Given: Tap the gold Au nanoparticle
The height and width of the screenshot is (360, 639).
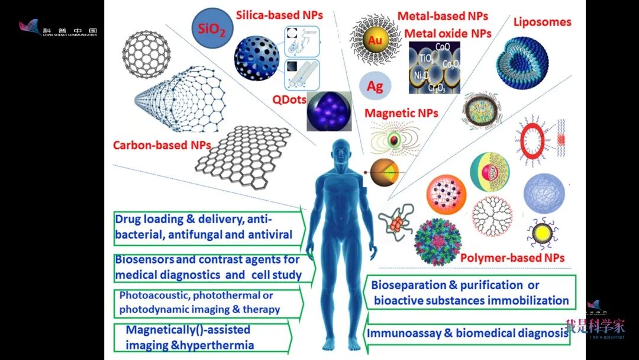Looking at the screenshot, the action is click(x=375, y=40).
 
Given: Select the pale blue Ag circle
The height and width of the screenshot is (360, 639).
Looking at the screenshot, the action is click(x=375, y=86).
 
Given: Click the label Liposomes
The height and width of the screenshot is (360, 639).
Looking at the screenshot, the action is click(x=542, y=22).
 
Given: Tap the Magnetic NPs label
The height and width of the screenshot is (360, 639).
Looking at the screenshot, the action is click(x=401, y=112).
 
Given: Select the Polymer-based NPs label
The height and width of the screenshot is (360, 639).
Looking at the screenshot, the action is click(x=512, y=258).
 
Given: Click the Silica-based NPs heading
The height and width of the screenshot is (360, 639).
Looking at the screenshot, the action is click(x=279, y=15).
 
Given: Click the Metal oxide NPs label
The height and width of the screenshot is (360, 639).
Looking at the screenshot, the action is click(x=447, y=33).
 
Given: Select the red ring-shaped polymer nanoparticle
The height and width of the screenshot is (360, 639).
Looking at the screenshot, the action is click(x=532, y=140).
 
